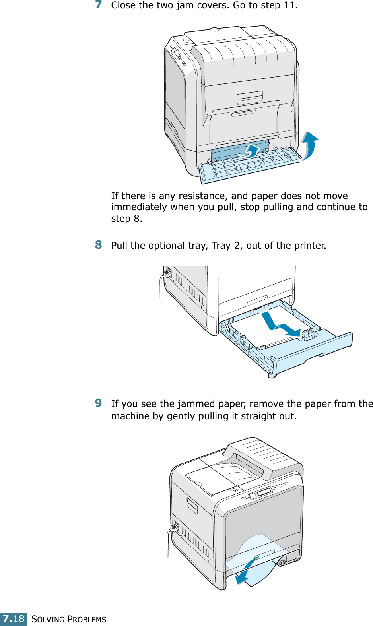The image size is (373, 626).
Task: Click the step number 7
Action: pos(99,5)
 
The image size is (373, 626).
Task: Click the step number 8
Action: pos(99,245)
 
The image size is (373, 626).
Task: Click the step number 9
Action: pos(99,403)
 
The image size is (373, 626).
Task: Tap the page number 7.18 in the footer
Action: pos(14,619)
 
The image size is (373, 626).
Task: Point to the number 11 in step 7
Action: pos(289,5)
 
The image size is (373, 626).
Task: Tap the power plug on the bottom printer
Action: pos(174,528)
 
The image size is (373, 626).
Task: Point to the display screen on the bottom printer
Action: pos(264,492)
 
